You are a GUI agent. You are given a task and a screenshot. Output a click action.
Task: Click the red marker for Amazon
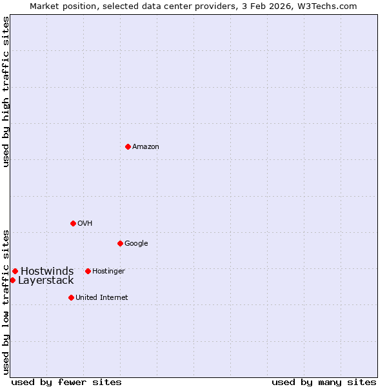pos(128,146)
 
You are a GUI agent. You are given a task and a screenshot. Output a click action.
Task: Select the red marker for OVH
pos(73,223)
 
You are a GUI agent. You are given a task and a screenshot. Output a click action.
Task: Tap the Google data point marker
pos(120,243)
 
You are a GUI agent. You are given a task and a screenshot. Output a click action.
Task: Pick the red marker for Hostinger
pos(88,271)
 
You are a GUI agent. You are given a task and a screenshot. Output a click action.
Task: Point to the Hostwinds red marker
pos(15,271)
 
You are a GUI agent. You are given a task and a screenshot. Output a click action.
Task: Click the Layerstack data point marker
pos(12,280)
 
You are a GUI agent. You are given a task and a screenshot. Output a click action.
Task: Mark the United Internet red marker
pos(71,297)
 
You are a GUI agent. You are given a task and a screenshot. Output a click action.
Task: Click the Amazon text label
pos(146,147)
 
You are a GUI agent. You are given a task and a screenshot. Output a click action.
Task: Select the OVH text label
pos(85,224)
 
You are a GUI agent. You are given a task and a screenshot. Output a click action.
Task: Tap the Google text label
pos(136,244)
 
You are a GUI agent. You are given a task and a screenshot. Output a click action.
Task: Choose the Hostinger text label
pos(108,272)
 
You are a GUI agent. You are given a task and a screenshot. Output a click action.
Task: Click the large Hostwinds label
pos(47,271)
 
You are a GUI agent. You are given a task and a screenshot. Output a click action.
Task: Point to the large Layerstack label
pos(46,281)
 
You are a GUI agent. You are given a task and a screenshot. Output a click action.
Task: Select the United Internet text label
pos(101,298)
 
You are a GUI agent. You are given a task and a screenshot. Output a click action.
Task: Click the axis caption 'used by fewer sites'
pos(66,382)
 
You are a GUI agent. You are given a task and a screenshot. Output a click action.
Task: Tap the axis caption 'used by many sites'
pos(324,382)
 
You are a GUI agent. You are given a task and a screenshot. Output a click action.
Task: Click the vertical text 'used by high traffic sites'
pos(6,92)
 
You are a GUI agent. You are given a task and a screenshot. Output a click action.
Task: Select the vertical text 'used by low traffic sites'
pos(6,301)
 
